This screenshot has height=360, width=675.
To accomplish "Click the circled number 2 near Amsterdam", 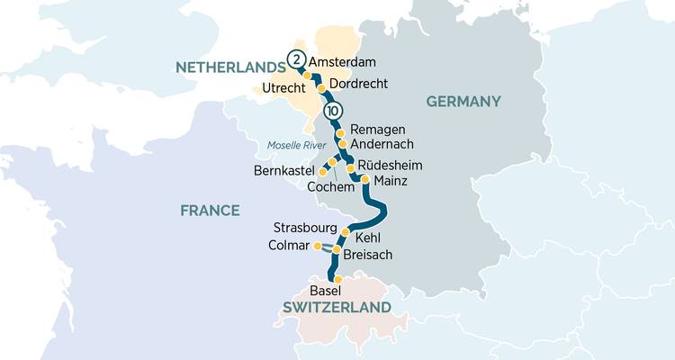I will coord(296,60).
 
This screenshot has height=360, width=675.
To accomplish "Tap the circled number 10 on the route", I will coord(333,112).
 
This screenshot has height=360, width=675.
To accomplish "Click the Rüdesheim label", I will coord(389,166).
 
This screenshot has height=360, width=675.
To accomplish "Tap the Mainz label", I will coord(390,181).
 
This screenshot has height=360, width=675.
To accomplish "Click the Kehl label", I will coord(370,238).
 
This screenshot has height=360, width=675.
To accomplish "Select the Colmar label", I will coord(289,246).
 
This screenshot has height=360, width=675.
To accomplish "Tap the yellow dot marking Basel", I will coord(337,280).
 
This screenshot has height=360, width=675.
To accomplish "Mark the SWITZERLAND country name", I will coord(337,308).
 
